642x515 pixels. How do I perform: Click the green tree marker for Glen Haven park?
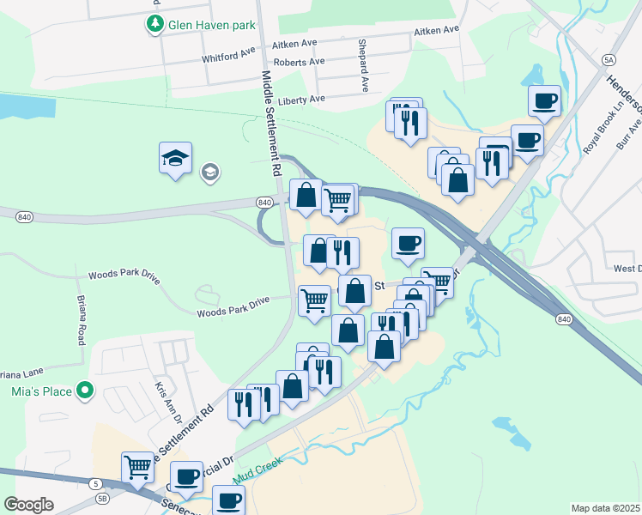(154, 25)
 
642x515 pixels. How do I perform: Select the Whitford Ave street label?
(229, 56)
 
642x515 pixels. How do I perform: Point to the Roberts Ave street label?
(299, 62)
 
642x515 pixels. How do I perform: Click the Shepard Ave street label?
(363, 65)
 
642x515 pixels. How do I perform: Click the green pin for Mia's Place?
(84, 391)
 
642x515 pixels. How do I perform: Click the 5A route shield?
(609, 59)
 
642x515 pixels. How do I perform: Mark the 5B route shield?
(103, 497)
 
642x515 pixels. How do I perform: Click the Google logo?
(28, 505)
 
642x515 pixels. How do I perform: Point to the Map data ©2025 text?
(605, 508)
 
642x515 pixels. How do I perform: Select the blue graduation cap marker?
(175, 159)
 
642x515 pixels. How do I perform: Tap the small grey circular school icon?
(209, 173)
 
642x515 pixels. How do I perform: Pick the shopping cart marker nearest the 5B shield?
(137, 467)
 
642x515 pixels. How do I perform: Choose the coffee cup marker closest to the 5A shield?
(545, 101)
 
